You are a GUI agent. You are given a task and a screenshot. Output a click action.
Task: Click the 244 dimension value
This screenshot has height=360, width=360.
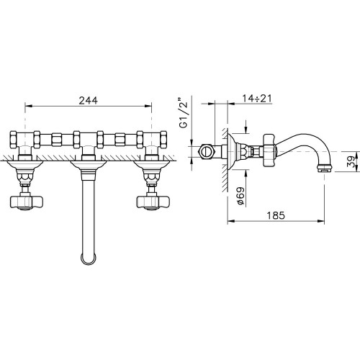tap(88, 100)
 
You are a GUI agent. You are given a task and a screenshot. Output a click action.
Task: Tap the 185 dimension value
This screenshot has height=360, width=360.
tap(276, 215)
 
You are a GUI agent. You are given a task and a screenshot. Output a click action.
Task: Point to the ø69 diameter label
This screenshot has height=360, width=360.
tap(240, 196)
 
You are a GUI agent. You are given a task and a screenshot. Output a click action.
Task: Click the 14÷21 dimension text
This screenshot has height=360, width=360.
tap(257, 98)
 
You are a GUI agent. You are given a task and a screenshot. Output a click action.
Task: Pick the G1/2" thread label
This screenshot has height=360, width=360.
tap(184, 112)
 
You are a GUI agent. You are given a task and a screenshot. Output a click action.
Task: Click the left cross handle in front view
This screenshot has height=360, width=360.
tap(26, 202)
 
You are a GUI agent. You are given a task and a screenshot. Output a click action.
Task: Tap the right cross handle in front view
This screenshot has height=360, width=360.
tap(153, 202)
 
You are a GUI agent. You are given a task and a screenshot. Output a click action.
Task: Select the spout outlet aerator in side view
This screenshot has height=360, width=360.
tap(324, 168)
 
